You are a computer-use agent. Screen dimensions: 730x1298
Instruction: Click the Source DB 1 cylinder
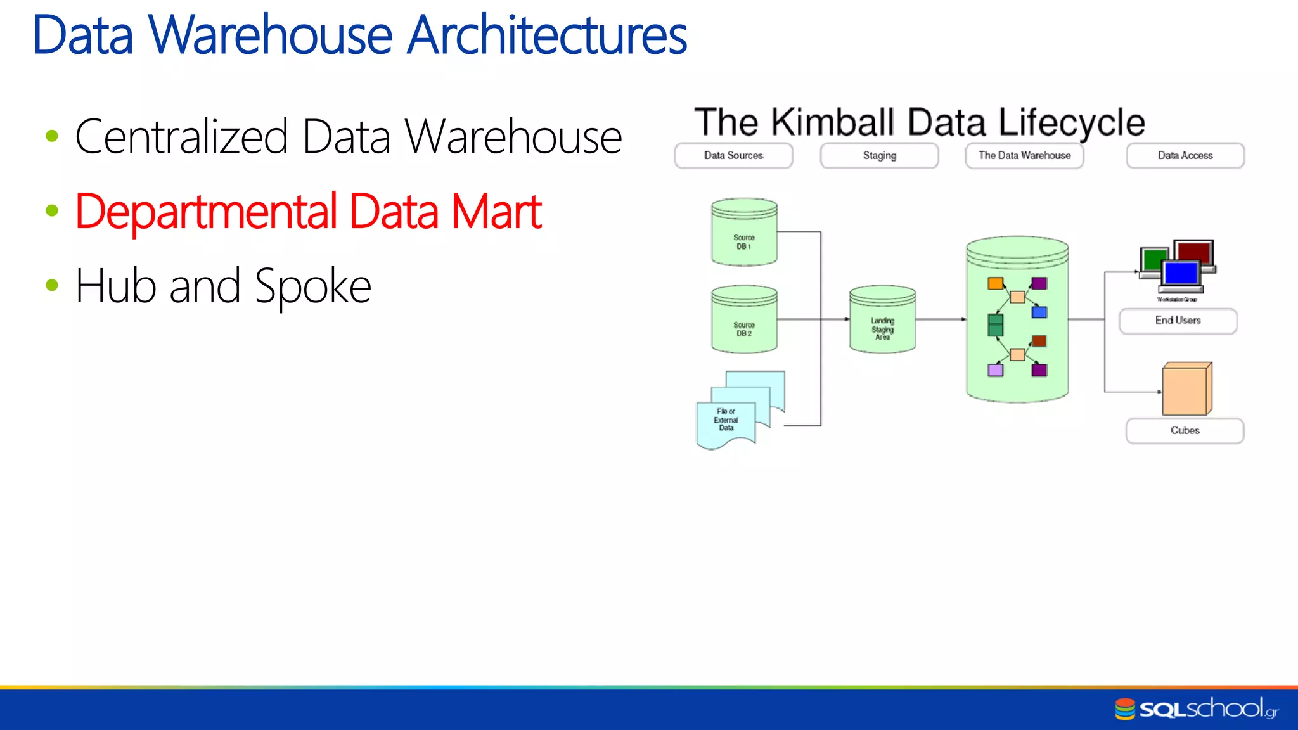(x=744, y=232)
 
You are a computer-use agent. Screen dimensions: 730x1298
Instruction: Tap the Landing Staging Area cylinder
(x=882, y=319)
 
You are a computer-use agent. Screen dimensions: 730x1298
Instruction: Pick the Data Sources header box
(x=733, y=155)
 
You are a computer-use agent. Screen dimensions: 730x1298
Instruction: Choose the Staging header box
(x=879, y=155)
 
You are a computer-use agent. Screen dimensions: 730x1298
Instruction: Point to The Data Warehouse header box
(x=1024, y=155)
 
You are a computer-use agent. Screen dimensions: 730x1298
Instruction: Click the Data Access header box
(x=1185, y=155)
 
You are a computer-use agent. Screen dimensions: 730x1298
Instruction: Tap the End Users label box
(x=1178, y=321)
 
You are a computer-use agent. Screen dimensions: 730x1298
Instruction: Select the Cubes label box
(x=1185, y=430)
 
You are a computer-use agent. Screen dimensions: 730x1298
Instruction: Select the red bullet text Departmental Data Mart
(x=308, y=212)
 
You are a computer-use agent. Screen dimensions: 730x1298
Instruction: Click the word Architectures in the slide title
(x=547, y=35)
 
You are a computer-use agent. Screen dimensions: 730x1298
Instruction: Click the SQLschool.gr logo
(x=1197, y=709)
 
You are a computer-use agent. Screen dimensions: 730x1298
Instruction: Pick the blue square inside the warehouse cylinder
(x=1039, y=312)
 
